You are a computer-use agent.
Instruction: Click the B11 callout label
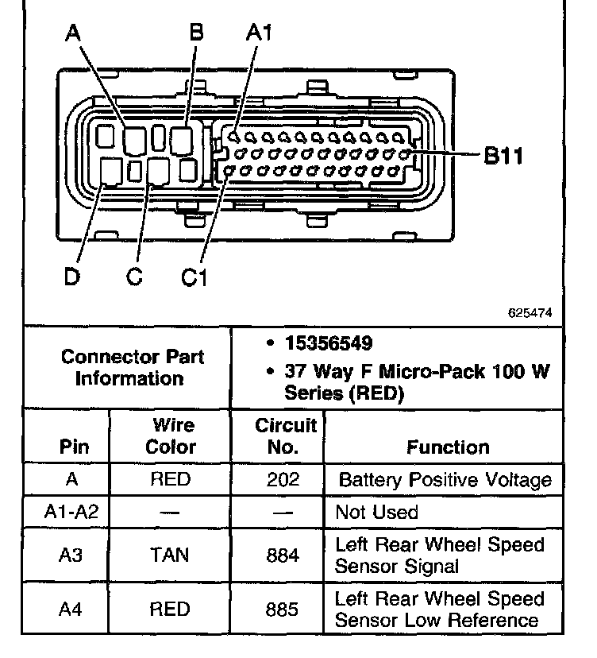point(503,156)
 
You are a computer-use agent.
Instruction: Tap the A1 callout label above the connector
point(260,33)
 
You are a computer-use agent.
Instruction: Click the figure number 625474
point(530,313)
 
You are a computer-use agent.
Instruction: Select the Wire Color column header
point(170,436)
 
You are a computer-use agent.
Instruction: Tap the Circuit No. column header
point(286,436)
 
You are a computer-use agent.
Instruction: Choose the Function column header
point(448,447)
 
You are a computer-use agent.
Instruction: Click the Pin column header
point(69,447)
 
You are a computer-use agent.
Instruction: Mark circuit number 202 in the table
point(283,480)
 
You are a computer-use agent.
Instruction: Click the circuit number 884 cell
point(283,555)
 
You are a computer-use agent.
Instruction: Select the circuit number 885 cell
point(283,610)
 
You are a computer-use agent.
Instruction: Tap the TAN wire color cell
point(169,555)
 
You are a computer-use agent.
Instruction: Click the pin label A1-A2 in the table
point(70,513)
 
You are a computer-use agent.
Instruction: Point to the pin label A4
point(70,610)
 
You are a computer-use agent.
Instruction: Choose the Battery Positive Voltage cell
point(444,480)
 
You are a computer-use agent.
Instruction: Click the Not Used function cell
point(376,513)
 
